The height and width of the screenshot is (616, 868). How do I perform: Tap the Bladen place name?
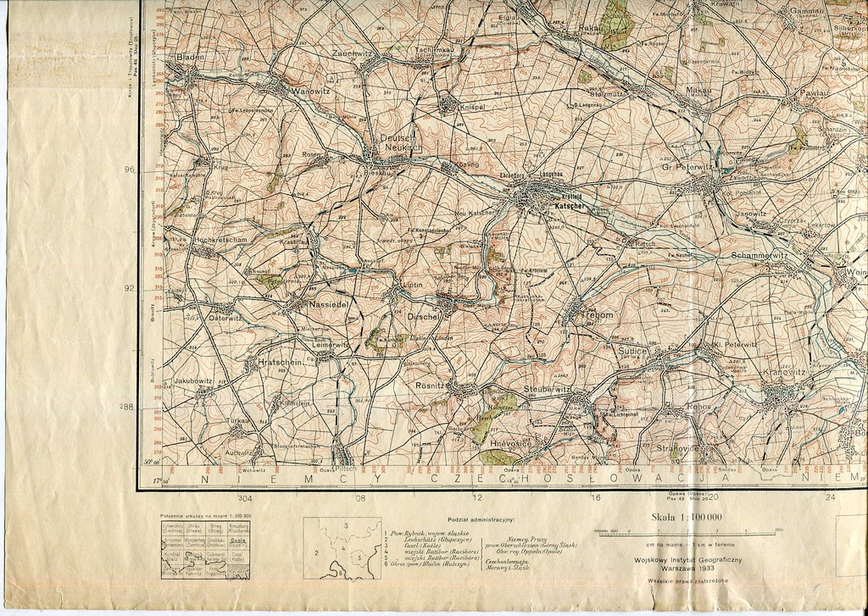pyautogui.click(x=190, y=57)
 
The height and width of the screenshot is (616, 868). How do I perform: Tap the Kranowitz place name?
pyautogui.click(x=784, y=373)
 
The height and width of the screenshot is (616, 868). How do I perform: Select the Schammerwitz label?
pyautogui.click(x=759, y=254)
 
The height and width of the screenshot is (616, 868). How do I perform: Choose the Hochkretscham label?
pyautogui.click(x=220, y=240)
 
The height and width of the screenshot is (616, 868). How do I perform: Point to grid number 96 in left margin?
pyautogui.click(x=129, y=170)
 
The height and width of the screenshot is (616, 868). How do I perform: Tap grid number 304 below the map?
pyautogui.click(x=245, y=498)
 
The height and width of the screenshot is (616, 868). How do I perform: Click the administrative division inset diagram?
pyautogui.click(x=340, y=548)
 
